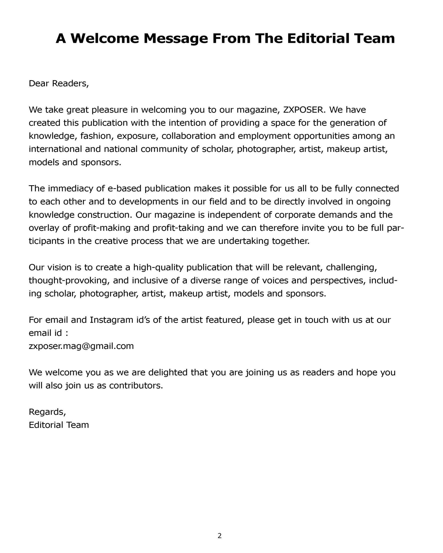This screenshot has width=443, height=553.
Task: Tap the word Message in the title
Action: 176,38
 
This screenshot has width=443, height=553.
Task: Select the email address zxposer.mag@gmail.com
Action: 81,346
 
